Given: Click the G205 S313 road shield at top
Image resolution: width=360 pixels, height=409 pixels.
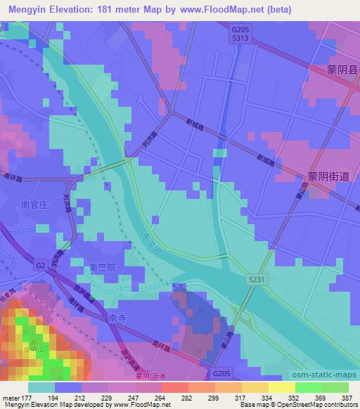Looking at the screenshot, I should [240, 35].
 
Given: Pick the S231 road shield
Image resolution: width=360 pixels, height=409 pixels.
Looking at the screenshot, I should [257, 280].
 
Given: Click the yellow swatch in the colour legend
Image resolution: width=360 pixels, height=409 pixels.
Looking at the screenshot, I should [281, 387].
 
